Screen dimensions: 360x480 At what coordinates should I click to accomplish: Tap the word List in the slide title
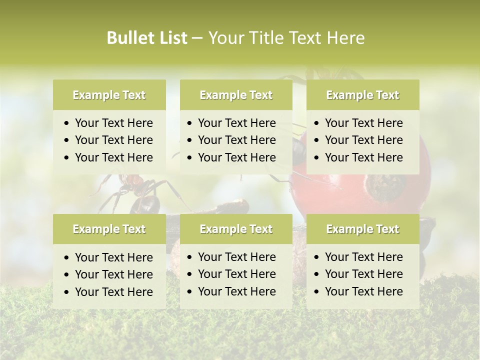pos(171,38)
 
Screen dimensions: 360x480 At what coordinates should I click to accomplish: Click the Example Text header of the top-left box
pos(109,95)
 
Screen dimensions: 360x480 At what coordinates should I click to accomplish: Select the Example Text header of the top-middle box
pos(236,95)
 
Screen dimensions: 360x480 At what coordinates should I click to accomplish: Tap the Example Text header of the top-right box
pos(362,95)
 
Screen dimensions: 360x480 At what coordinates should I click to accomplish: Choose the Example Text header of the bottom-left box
pos(109,229)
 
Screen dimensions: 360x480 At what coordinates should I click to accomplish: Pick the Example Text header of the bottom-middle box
pos(236,229)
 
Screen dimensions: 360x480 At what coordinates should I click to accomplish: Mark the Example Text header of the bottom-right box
pos(362,229)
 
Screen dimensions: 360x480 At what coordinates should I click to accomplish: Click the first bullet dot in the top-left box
pos(67,123)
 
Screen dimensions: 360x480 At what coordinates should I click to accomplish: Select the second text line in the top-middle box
pos(236,140)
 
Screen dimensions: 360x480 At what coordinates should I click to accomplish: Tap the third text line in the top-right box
pos(363,157)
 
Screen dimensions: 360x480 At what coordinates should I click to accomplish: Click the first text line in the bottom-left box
pos(113,257)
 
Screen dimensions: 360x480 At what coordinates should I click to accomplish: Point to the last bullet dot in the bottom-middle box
pos(190,292)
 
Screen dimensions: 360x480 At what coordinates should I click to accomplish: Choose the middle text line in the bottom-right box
pos(363,274)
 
